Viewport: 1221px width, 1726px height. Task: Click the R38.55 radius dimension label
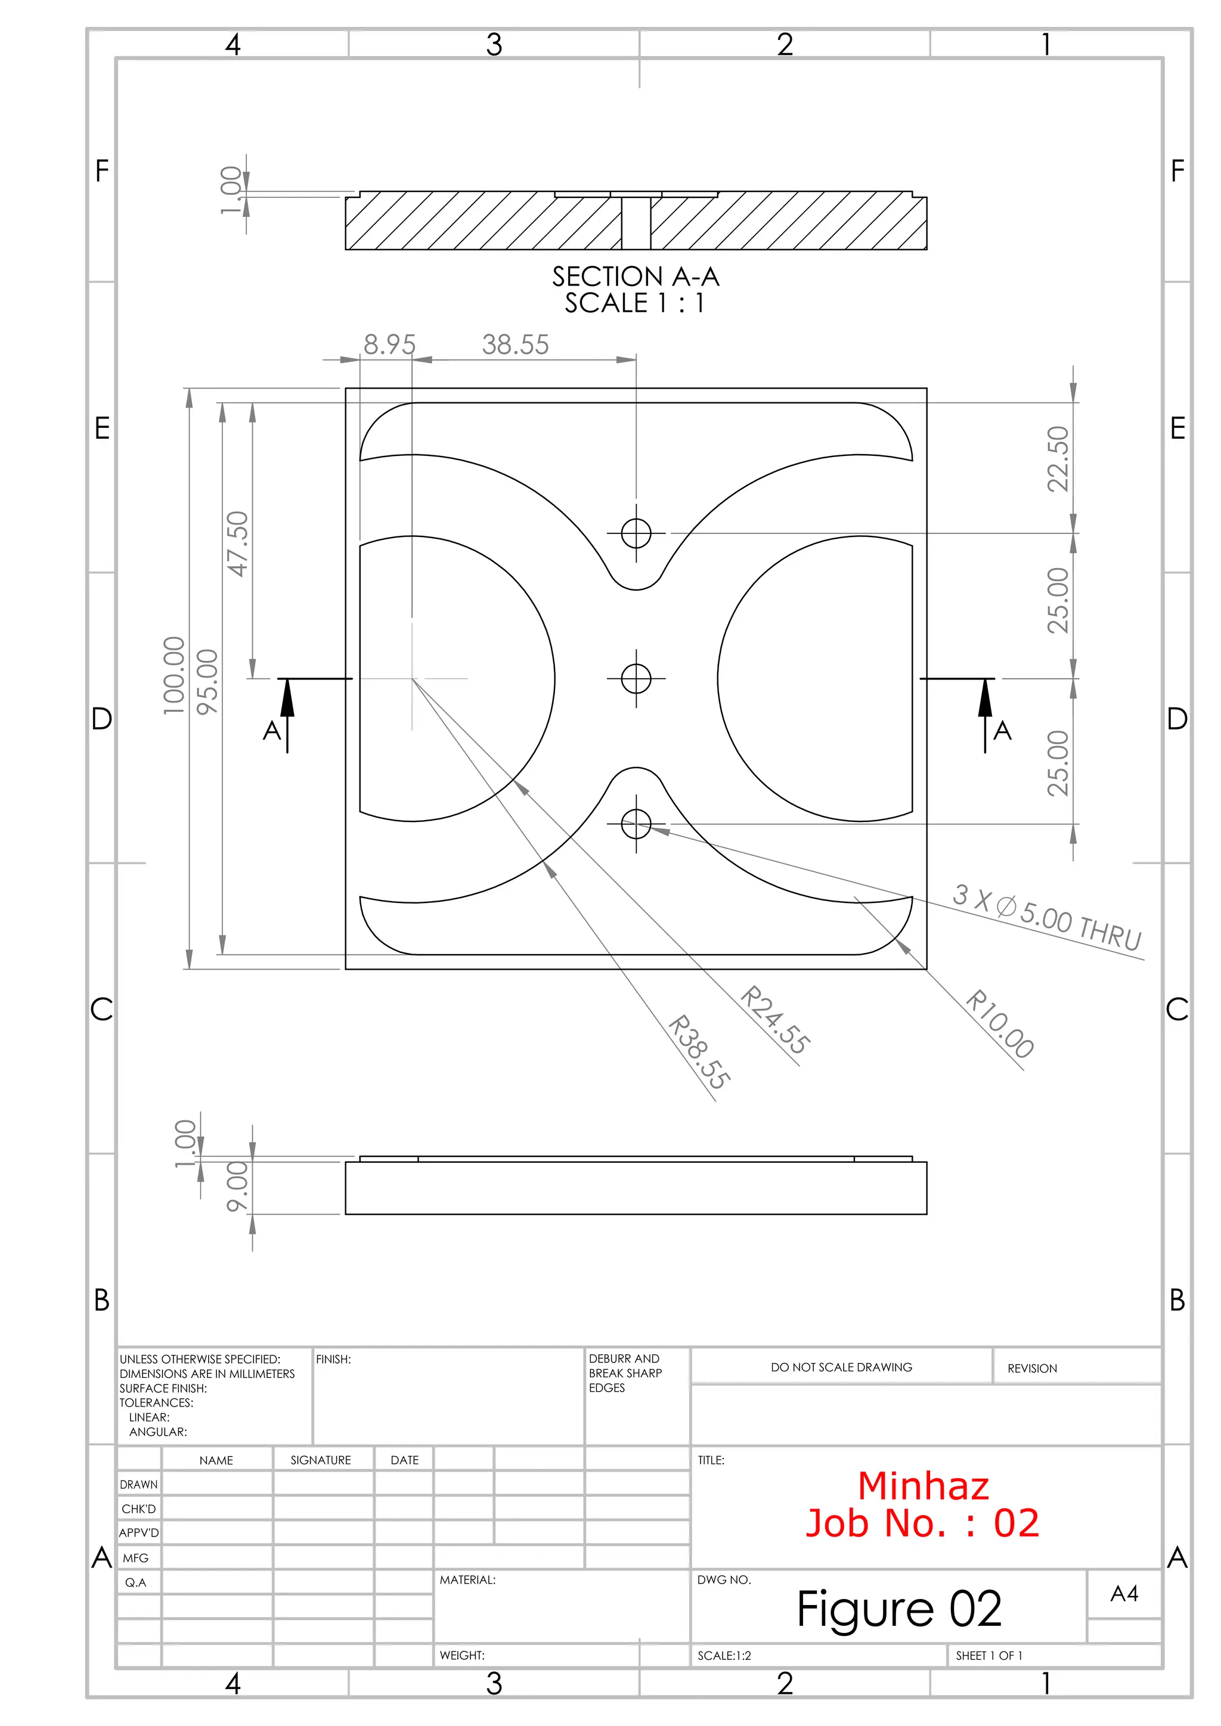(699, 1052)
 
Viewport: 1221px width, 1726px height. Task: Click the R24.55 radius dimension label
(775, 1020)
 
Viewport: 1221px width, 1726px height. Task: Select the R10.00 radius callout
(999, 1024)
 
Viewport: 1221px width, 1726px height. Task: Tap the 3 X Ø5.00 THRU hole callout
(1046, 918)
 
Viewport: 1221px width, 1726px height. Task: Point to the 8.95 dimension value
(389, 345)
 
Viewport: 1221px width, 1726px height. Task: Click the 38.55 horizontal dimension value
(515, 345)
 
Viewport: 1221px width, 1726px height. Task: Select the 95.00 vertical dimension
(207, 682)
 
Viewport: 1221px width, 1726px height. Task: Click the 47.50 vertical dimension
(238, 544)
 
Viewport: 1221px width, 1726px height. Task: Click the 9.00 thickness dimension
(238, 1187)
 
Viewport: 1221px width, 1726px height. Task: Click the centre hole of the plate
(636, 679)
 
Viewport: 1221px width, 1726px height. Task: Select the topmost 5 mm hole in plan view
(636, 534)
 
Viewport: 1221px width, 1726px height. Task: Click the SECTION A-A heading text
(636, 277)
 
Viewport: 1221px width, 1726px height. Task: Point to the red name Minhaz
(924, 1487)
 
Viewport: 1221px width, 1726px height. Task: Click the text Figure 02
(899, 1609)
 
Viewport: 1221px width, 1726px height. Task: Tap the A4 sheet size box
(1124, 1594)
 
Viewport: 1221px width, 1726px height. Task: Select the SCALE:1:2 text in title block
(724, 1655)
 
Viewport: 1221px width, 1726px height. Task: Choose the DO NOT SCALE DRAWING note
(841, 1367)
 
